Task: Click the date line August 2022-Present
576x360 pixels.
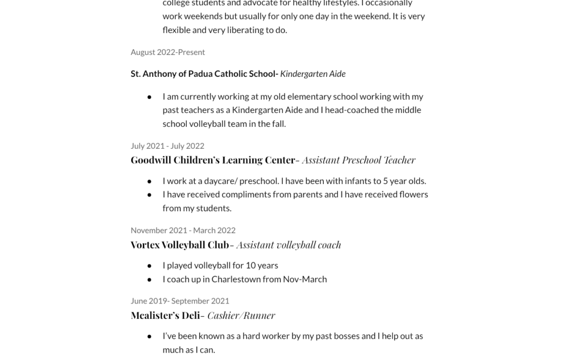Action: tap(167, 52)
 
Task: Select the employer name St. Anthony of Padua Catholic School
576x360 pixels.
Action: tap(203, 74)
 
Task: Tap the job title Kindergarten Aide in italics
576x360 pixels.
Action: tap(313, 74)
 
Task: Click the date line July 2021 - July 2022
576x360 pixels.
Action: tap(167, 146)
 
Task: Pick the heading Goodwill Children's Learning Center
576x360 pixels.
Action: tap(213, 160)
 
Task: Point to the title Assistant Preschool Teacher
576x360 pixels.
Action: tap(358, 160)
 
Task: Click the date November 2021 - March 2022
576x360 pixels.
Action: tap(183, 230)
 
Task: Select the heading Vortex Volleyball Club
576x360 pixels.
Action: tap(180, 245)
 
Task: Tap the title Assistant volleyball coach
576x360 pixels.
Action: tap(289, 245)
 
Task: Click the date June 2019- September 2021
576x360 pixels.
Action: tap(180, 301)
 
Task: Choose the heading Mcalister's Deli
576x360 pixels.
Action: tap(165, 315)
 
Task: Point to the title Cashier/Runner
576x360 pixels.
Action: tap(241, 315)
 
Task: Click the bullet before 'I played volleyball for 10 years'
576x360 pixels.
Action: tap(149, 266)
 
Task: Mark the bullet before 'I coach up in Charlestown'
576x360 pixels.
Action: tap(149, 279)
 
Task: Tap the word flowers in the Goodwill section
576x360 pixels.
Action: tap(413, 194)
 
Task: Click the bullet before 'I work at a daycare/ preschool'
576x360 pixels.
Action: tap(149, 181)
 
